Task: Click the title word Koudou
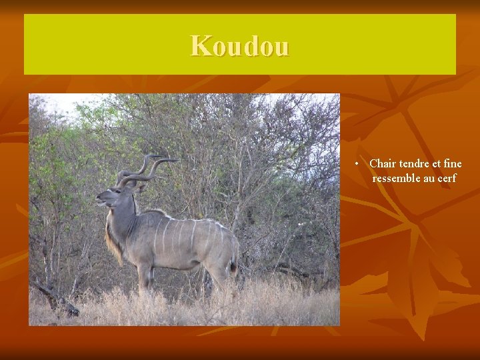(x=240, y=46)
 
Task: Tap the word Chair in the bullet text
(x=382, y=163)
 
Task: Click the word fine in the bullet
(x=452, y=163)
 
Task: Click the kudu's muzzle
(x=99, y=198)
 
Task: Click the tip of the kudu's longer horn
(x=175, y=160)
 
